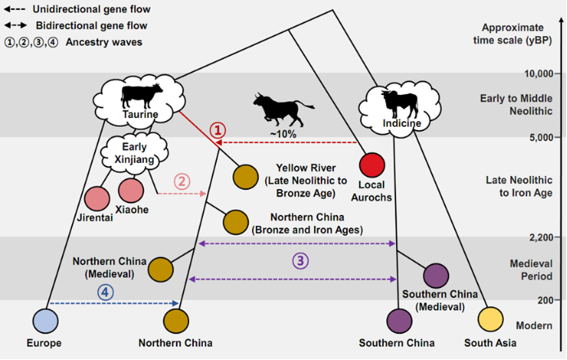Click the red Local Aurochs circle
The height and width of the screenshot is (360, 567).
(372, 164)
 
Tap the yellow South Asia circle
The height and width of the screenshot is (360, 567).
(490, 318)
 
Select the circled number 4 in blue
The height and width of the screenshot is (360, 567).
(105, 290)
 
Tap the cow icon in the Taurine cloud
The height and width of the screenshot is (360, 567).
(142, 96)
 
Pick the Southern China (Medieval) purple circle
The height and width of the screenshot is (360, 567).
(435, 276)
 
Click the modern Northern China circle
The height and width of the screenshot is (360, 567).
(177, 319)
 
